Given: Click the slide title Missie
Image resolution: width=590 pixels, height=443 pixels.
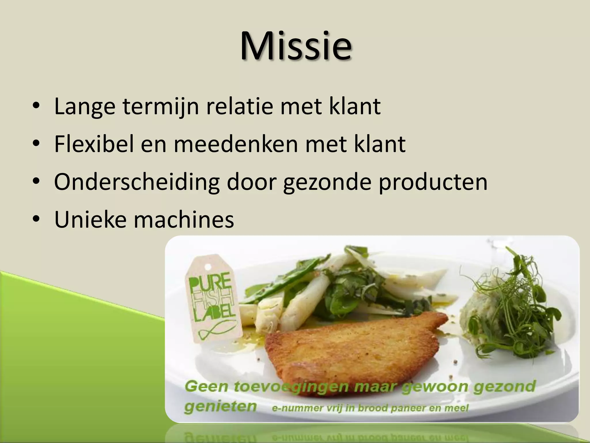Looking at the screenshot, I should (296, 46).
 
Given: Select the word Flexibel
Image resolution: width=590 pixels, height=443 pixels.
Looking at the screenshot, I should (94, 144).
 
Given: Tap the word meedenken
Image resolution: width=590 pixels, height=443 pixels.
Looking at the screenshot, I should (236, 144).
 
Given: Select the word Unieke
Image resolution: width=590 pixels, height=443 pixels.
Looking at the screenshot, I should (90, 220).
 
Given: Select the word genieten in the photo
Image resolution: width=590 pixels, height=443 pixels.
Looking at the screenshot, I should (220, 406).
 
